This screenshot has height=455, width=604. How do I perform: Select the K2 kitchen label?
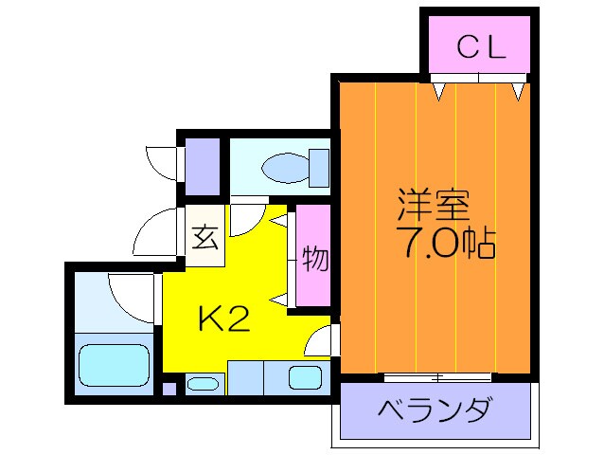[223, 319]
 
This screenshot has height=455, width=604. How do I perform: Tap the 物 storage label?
[314, 258]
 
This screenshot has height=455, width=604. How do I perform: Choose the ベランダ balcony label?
[435, 411]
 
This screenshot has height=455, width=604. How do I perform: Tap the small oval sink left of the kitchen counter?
[202, 384]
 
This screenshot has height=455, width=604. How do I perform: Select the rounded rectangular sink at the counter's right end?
[305, 376]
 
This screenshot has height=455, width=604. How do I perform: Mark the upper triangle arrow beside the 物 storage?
[280, 220]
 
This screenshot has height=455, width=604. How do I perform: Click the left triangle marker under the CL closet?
[441, 92]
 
